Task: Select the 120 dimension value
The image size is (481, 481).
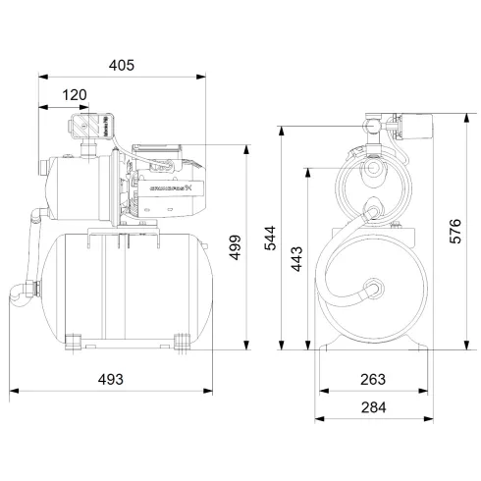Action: pyautogui.click(x=75, y=94)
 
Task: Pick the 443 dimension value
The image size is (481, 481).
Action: pyautogui.click(x=297, y=257)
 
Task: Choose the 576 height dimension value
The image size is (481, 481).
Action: pyautogui.click(x=454, y=230)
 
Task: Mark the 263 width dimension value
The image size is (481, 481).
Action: pyautogui.click(x=371, y=379)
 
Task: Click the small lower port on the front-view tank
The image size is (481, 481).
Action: pyautogui.click(x=372, y=290)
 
